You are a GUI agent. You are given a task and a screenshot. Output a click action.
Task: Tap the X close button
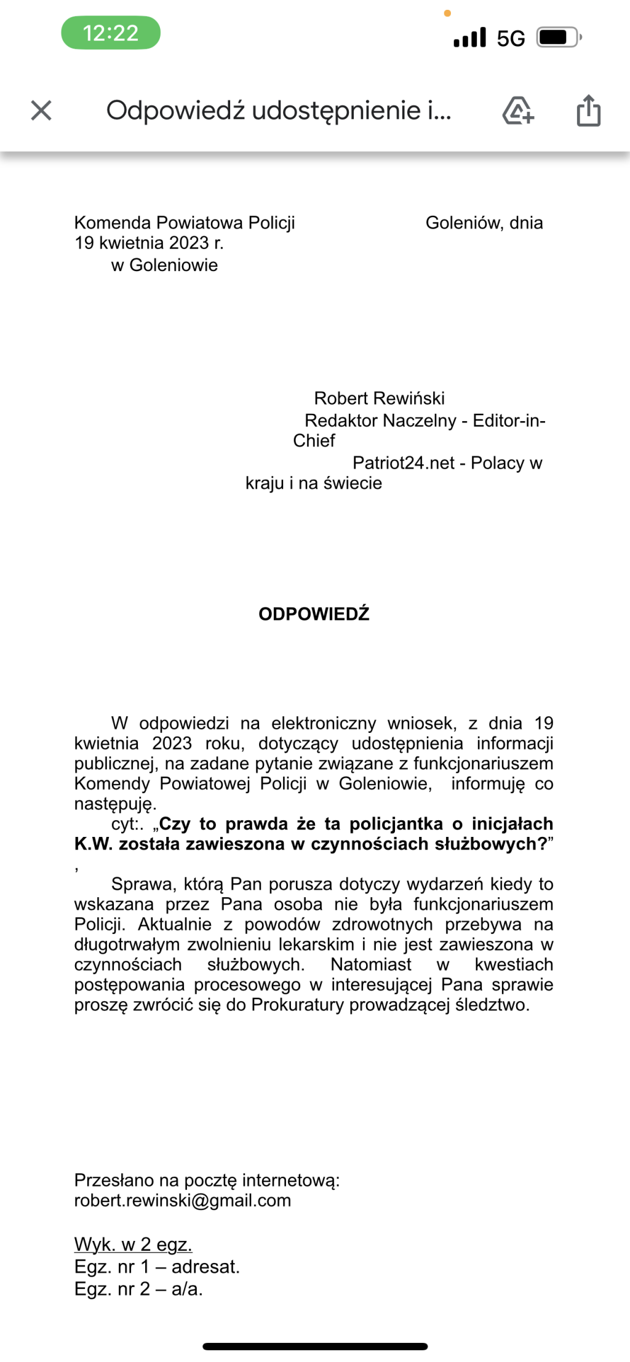coord(41,111)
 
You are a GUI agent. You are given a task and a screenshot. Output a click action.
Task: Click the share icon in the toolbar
coord(588,111)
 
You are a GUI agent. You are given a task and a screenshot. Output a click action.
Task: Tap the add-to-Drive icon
coord(518,111)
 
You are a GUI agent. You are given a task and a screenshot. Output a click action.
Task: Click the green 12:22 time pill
coord(111,33)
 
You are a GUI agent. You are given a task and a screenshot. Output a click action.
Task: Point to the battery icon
coord(559,38)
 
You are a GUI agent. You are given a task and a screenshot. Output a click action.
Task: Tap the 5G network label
coord(511,38)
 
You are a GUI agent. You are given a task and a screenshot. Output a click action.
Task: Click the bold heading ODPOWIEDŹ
coord(314,614)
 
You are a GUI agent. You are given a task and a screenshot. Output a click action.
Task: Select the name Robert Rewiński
coord(379,398)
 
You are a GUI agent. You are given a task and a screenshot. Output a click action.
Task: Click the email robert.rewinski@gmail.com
coord(183,1200)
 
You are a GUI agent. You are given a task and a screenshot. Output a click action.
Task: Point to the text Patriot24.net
coord(403,462)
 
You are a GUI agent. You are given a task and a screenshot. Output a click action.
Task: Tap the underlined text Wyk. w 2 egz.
coord(133,1244)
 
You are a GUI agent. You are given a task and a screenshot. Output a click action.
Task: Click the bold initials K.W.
coord(94,844)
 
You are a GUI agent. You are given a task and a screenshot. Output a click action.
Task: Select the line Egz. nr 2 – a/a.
coord(138,1288)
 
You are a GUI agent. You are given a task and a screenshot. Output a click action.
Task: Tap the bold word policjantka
coord(396,823)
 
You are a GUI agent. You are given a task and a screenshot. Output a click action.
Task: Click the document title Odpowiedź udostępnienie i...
coord(279,111)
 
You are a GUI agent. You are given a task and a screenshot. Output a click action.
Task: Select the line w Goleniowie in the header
coord(164,265)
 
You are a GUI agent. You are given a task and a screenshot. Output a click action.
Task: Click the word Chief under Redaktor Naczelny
coord(314,440)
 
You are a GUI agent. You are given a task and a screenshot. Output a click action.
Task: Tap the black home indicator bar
coord(315,1346)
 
